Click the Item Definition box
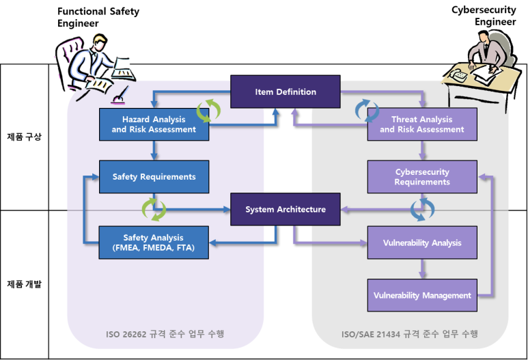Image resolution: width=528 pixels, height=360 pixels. [x=285, y=92]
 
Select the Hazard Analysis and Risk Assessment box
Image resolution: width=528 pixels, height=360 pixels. [x=154, y=124]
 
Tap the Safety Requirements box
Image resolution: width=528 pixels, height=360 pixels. [x=154, y=177]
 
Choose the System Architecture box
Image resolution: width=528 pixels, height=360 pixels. [x=285, y=210]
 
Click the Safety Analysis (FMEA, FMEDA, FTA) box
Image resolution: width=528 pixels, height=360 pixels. [x=154, y=243]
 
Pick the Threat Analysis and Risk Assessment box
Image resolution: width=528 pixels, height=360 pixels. [x=421, y=124]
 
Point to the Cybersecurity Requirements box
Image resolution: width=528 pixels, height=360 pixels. [x=421, y=177]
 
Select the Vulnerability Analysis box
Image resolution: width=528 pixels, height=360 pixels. [x=421, y=243]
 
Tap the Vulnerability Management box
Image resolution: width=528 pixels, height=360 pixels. [x=421, y=296]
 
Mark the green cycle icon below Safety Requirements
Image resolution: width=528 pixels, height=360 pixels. [x=154, y=210]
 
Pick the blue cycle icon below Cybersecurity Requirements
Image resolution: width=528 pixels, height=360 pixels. [x=421, y=210]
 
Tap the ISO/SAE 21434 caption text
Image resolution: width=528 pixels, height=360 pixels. [x=410, y=334]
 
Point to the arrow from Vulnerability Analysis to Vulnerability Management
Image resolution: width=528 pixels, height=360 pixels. [x=421, y=269]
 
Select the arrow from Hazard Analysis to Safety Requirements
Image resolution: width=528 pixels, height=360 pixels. [x=154, y=150]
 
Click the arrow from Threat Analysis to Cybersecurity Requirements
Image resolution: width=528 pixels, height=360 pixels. [x=421, y=150]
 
